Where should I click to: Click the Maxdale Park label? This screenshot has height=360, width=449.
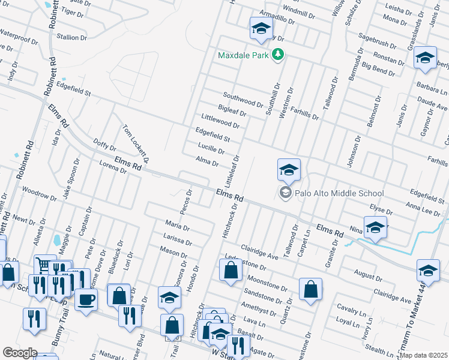pyautogui.click(x=243, y=56)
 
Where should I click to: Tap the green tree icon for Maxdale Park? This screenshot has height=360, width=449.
pyautogui.click(x=277, y=55)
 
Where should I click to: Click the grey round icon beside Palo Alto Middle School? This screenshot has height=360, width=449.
pyautogui.click(x=285, y=193)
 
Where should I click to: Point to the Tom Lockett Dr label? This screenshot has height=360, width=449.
pyautogui.click(x=135, y=140)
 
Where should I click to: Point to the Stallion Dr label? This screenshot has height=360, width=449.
pyautogui.click(x=72, y=37)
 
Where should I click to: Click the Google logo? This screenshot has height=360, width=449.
pyautogui.click(x=19, y=353)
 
